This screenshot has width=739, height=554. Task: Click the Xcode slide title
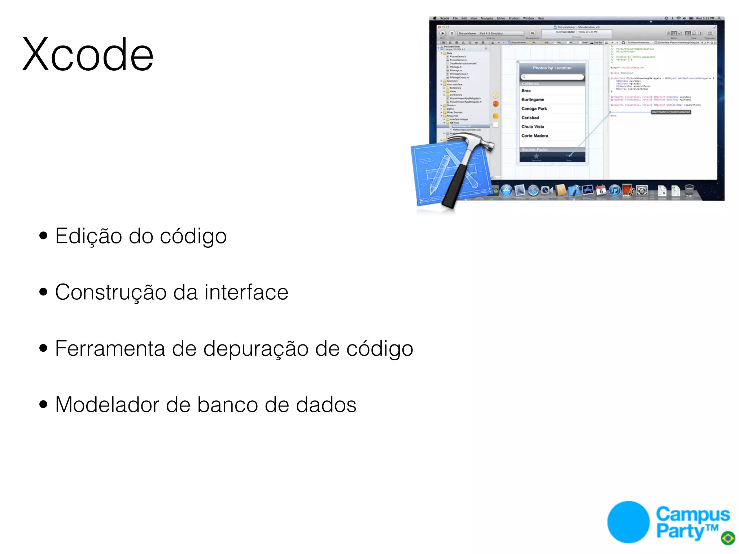[x=88, y=55]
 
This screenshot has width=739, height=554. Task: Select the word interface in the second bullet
[x=246, y=292]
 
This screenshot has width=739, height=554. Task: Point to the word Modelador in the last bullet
[x=107, y=405]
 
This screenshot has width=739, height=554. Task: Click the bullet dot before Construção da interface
[x=43, y=292]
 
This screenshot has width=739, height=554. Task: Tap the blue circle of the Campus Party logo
[x=628, y=522]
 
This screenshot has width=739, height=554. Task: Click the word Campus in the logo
[x=692, y=514]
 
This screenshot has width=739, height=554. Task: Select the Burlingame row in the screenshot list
[x=533, y=100]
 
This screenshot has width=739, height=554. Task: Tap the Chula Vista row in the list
[x=533, y=127]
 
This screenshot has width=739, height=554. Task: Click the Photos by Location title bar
[x=552, y=68]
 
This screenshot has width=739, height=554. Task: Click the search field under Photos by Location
[x=552, y=77]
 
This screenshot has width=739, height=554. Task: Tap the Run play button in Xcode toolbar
[x=443, y=33]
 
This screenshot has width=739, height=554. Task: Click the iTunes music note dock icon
[x=615, y=190]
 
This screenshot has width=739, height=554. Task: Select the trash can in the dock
[x=689, y=190]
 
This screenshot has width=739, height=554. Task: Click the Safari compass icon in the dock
[x=533, y=190]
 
